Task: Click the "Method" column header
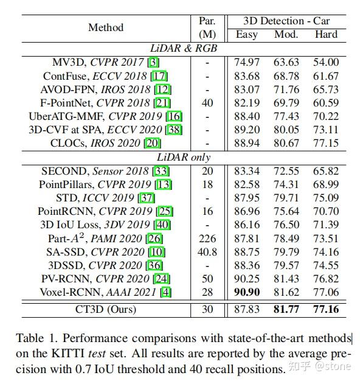click(105, 27)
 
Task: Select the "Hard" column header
click(326, 34)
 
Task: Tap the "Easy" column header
click(246, 34)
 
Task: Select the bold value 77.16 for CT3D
click(326, 309)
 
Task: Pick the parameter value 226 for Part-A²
click(207, 238)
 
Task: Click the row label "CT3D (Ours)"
click(106, 309)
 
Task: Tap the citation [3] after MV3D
click(154, 62)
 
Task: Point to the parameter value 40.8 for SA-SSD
click(207, 251)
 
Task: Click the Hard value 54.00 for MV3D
click(326, 62)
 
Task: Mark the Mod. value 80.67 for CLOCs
click(286, 144)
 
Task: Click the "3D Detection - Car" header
click(286, 21)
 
